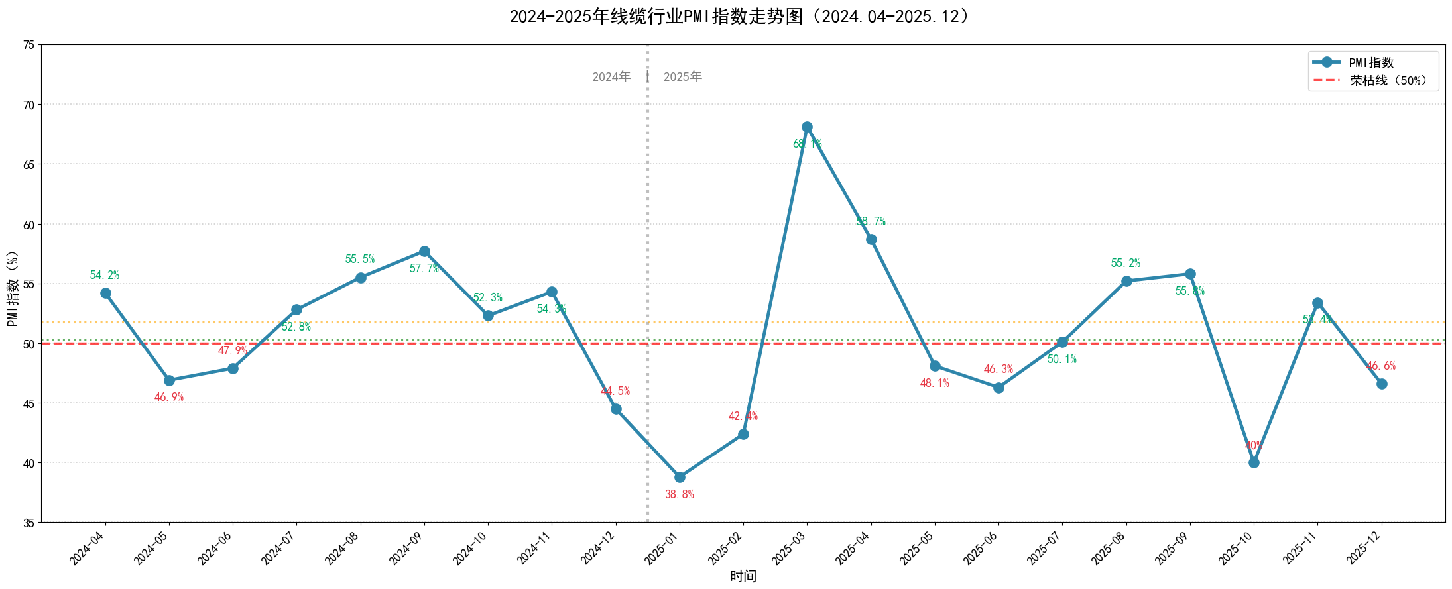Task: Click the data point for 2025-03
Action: click(x=807, y=127)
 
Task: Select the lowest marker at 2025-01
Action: click(x=680, y=477)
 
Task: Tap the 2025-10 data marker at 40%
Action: click(x=1254, y=462)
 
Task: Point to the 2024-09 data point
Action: click(x=424, y=251)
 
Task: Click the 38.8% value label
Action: click(x=680, y=494)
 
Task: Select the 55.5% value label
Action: click(x=360, y=259)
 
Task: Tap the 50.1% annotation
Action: click(x=1062, y=359)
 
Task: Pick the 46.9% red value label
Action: click(x=169, y=397)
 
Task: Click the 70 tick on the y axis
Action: click(x=29, y=105)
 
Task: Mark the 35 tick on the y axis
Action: click(x=29, y=523)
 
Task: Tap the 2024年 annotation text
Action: click(x=611, y=77)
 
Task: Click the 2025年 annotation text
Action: click(x=682, y=77)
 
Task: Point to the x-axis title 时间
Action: click(x=743, y=576)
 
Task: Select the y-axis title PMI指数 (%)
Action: click(x=13, y=288)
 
